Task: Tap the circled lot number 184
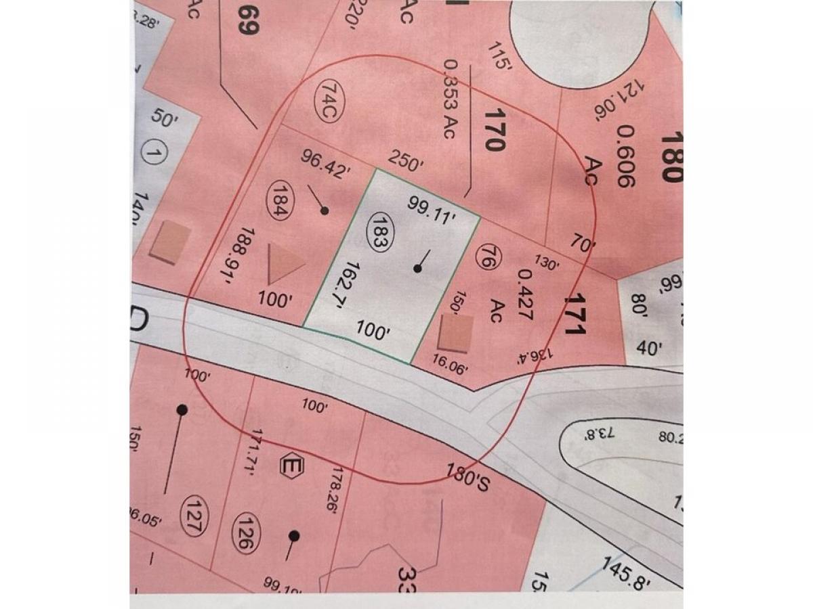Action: (x=278, y=199)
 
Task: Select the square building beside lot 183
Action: (x=455, y=336)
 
